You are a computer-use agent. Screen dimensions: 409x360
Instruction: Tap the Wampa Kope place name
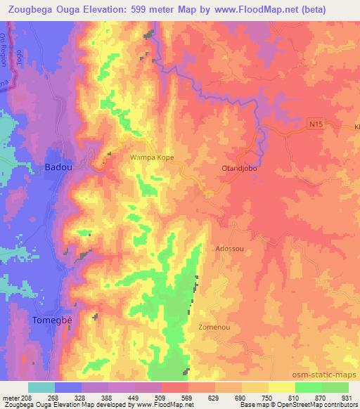(152, 158)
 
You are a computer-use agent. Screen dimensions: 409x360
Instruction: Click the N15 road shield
(318, 124)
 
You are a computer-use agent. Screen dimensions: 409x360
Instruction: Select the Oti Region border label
(4, 50)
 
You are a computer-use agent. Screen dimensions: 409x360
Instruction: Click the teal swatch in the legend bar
(41, 387)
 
